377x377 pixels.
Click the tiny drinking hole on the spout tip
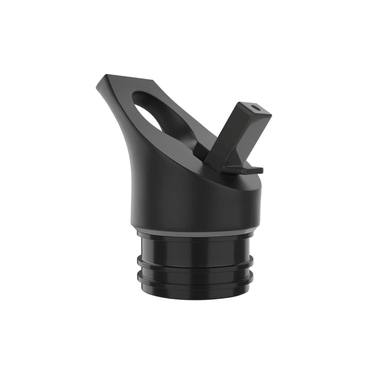pos(256,108)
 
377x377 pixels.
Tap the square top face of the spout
pos(255,109)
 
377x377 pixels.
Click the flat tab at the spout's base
pos(243,170)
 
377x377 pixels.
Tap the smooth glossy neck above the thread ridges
pos(180,247)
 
